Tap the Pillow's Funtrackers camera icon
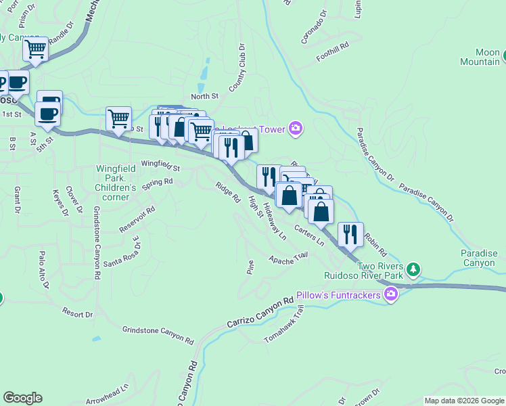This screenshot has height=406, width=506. (x=390, y=294)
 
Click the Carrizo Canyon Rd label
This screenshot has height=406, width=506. (x=260, y=311)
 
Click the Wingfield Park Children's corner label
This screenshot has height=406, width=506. (x=116, y=177)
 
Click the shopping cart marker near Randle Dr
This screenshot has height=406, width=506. (x=35, y=49)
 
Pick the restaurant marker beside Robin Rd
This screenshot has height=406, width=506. (x=350, y=234)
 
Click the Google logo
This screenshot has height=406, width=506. (x=22, y=398)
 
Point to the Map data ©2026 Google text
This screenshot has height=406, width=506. (x=464, y=401)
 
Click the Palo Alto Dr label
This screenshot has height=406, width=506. (x=44, y=271)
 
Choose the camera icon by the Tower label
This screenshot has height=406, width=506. (x=294, y=128)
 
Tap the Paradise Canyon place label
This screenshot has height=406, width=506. (x=479, y=258)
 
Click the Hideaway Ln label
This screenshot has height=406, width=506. (x=275, y=221)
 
